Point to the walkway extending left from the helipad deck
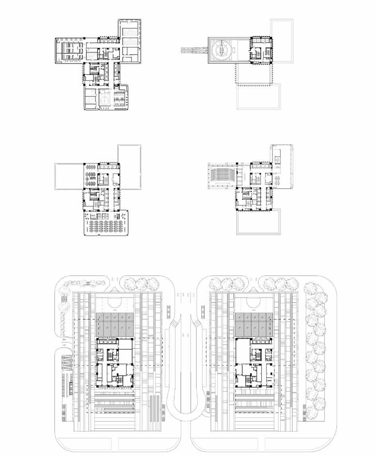coord(194,49)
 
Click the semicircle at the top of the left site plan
coord(113,302)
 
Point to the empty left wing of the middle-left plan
coord(68,176)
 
